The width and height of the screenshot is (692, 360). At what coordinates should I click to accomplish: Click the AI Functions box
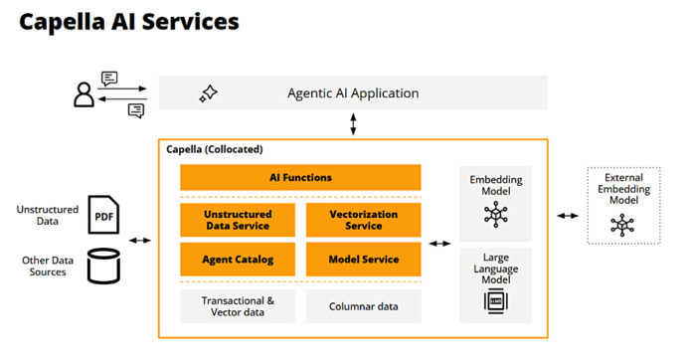(300, 178)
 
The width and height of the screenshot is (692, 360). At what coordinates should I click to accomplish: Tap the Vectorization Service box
(363, 220)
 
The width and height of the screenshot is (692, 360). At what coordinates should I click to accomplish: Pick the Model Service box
(363, 260)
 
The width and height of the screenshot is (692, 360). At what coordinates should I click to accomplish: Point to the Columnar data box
(363, 305)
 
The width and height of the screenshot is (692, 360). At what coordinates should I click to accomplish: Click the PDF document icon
(103, 214)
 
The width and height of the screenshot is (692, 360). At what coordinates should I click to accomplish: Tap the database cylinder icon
(103, 265)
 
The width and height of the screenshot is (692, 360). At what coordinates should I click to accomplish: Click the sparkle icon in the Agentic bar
(208, 93)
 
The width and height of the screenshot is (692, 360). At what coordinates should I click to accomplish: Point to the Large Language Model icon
(495, 301)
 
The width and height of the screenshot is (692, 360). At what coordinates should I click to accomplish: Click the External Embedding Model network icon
(622, 225)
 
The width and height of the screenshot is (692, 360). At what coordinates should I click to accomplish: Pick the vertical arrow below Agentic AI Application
(354, 124)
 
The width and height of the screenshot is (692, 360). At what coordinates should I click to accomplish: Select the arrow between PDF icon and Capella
(140, 240)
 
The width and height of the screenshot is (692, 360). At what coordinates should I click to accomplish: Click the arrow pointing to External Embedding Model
(570, 214)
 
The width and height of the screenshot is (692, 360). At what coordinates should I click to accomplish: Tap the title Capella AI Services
(129, 20)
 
